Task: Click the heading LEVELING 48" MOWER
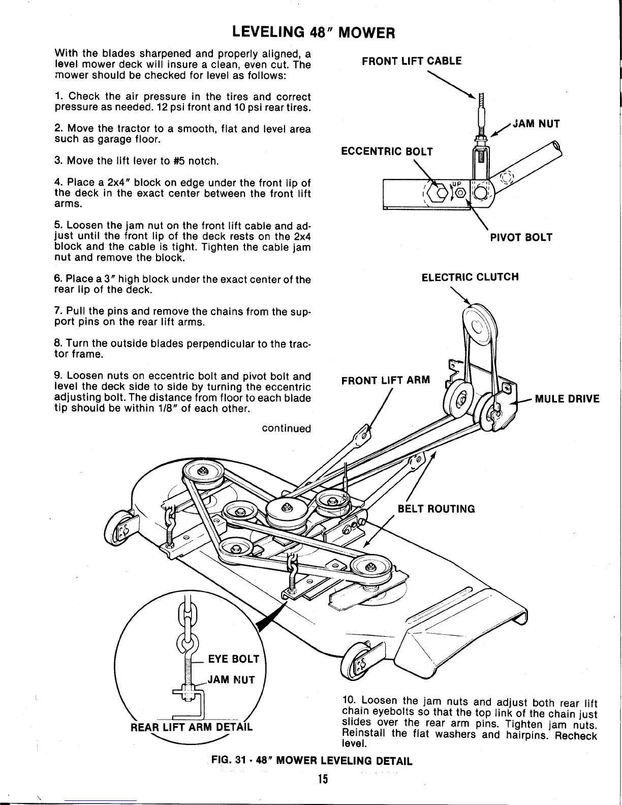point(313,33)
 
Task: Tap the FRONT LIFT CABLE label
point(411,61)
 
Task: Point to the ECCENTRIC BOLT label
point(386,151)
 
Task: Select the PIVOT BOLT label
point(521,237)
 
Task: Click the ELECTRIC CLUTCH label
point(470,277)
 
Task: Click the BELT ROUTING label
point(436,509)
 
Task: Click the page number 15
point(321,779)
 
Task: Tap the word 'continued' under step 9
point(286,428)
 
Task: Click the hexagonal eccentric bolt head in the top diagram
point(437,192)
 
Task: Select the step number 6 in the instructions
point(57,280)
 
